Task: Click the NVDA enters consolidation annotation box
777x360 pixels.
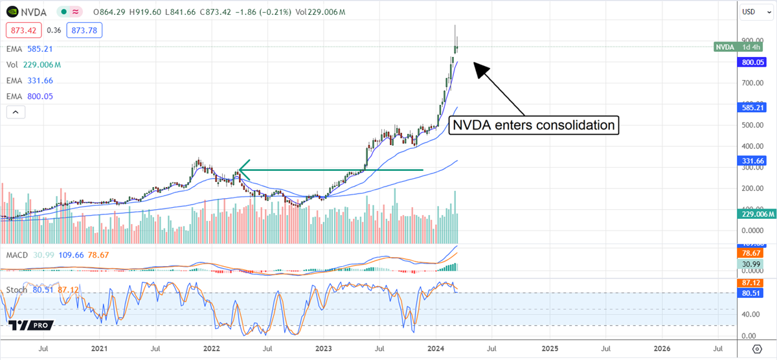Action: coord(533,124)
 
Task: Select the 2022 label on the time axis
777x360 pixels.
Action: coord(212,349)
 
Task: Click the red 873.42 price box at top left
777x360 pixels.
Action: coord(23,30)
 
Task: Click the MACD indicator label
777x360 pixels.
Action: coord(17,255)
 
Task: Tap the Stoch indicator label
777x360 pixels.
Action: coord(16,290)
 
